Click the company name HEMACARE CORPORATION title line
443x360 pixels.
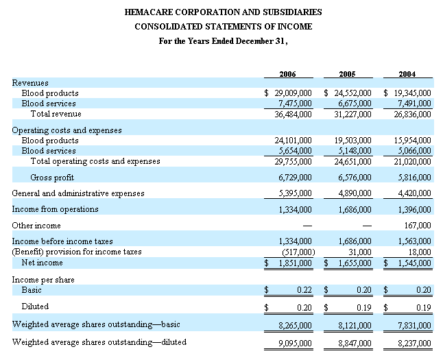point(223,12)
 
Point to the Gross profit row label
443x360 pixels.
point(53,178)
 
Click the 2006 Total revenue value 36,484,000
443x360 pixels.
point(294,114)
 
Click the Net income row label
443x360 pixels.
point(43,263)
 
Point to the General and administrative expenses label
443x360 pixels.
point(78,193)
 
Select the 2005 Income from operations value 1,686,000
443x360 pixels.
point(355,209)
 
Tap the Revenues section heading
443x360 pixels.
point(30,83)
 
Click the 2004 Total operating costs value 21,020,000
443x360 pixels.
point(414,161)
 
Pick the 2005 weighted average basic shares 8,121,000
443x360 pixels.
point(355,324)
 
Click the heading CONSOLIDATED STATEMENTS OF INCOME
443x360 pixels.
point(223,26)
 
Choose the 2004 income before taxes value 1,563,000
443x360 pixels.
point(414,241)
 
